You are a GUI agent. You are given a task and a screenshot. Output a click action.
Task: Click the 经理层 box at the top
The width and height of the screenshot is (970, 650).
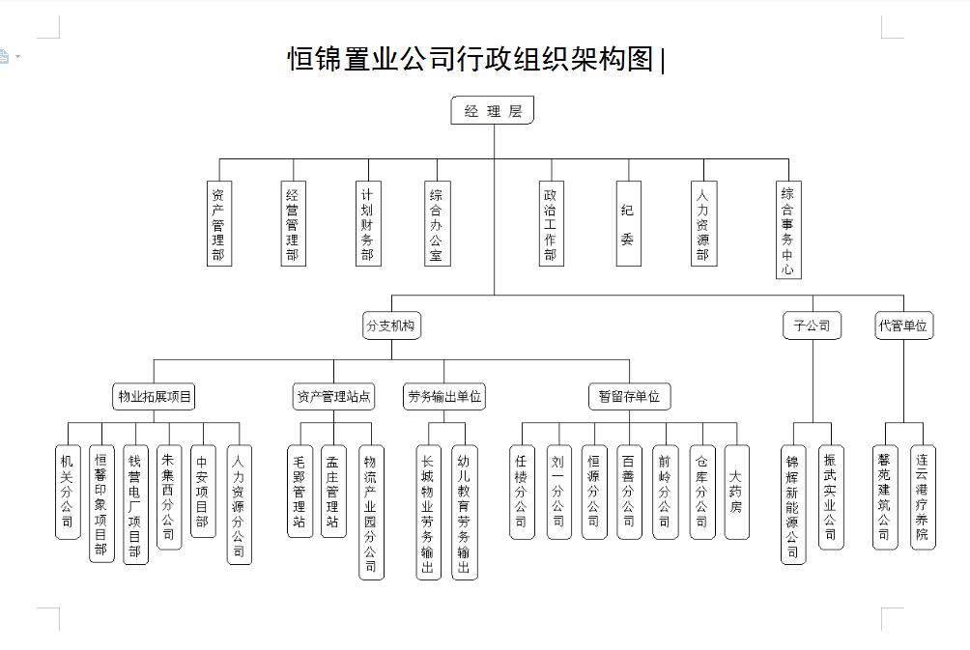(x=493, y=111)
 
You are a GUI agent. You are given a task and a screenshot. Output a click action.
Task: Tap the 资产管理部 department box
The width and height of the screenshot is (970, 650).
(x=219, y=223)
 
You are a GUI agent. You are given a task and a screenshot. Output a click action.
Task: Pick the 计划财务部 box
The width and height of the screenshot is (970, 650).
(x=366, y=223)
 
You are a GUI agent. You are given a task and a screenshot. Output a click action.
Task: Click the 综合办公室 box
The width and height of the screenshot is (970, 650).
(x=437, y=223)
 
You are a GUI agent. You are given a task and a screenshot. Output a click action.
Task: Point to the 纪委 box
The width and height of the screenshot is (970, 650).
(x=628, y=223)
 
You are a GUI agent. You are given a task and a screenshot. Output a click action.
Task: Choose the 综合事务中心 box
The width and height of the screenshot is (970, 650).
(x=788, y=230)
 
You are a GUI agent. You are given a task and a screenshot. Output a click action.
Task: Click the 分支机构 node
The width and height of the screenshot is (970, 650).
(x=391, y=325)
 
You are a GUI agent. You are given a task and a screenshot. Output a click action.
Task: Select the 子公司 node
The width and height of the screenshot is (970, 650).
(x=812, y=325)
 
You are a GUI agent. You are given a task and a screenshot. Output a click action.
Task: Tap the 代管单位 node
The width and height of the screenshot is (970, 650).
(x=903, y=325)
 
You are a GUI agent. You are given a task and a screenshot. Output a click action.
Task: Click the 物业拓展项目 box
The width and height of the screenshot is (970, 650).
(x=155, y=396)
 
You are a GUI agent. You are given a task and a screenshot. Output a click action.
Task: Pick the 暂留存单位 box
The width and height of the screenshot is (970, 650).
(x=628, y=396)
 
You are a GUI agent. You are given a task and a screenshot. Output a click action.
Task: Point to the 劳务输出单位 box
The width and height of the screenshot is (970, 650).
(x=444, y=396)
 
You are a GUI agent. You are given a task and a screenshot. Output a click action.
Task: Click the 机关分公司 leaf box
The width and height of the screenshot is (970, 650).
(x=68, y=491)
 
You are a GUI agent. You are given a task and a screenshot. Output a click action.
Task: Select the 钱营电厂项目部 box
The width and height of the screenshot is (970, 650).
(x=135, y=503)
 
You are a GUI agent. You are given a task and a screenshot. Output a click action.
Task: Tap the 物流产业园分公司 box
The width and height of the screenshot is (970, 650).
(x=371, y=511)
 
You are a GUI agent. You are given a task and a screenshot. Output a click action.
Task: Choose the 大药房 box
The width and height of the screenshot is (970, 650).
(x=736, y=491)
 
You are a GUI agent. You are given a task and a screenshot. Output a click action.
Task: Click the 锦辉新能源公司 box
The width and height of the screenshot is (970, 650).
(x=793, y=503)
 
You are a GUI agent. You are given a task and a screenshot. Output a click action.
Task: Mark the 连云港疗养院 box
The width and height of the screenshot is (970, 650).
(x=923, y=496)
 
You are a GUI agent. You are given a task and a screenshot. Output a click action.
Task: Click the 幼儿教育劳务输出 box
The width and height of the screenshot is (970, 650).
(x=465, y=511)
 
